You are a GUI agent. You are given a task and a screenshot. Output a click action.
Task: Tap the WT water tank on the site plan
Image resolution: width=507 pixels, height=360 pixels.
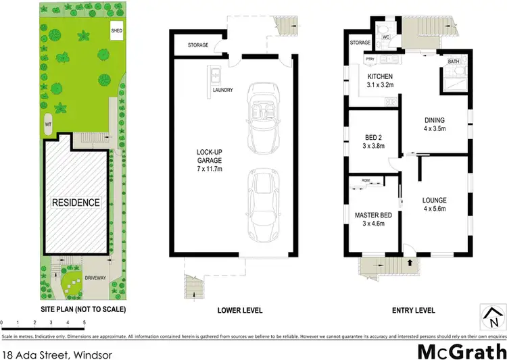coord(49,125)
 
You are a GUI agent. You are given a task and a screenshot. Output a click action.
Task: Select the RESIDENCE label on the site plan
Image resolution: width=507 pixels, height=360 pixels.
coord(75,203)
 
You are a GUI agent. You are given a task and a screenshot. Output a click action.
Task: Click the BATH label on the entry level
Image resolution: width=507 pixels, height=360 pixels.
coord(453,62)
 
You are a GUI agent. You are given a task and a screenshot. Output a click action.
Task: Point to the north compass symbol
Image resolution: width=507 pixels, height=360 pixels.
coord(491,313)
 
